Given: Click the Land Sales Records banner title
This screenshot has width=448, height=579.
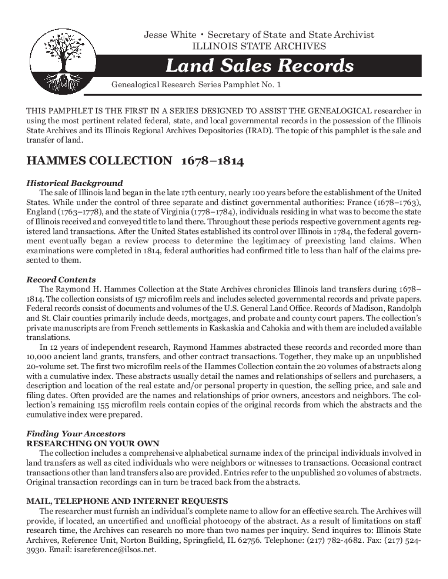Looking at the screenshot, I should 259,65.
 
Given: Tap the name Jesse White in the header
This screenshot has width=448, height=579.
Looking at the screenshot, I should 170,35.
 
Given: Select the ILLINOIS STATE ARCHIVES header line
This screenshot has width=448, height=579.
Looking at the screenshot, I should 259,46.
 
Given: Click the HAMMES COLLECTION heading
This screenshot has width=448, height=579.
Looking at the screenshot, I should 99,161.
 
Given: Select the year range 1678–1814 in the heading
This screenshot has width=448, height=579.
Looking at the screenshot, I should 212,161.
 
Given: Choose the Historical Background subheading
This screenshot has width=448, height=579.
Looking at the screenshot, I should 75,183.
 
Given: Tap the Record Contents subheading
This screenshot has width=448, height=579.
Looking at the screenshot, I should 61,280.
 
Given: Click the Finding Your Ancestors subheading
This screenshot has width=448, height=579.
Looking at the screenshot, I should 75,433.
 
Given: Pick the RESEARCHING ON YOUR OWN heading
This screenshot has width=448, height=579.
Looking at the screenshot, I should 93,443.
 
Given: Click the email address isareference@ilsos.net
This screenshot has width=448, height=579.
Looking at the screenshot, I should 115,549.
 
